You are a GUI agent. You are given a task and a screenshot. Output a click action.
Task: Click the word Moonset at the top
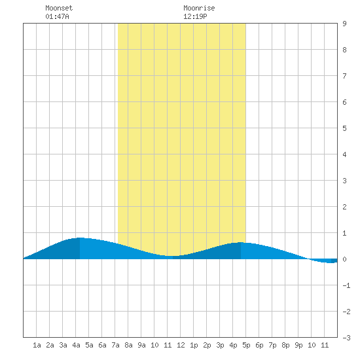coord(59,8)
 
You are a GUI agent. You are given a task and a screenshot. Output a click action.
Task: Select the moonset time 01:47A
coord(57,16)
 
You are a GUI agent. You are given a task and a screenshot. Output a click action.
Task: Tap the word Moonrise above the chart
coord(199,8)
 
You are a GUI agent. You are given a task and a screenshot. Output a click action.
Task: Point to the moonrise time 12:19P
coord(195,16)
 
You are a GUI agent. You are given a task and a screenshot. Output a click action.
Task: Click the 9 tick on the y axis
coord(344,24)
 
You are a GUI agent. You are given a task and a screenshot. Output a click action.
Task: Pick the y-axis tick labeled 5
coord(344,128)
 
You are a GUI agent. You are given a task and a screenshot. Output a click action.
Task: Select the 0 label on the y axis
coord(344,259)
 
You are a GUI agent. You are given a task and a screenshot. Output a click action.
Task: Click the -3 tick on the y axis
coord(346,338)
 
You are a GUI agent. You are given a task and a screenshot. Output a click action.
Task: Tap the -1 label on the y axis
coord(346,285)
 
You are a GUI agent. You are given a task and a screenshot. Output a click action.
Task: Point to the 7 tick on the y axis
coord(344,76)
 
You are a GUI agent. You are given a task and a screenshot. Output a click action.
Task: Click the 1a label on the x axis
coord(37,345)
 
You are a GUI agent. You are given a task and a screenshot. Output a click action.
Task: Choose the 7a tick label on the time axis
coord(115,345)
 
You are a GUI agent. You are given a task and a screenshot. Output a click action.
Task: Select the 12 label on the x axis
coord(181,345)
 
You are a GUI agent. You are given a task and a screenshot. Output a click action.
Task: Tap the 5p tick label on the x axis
coord(246,345)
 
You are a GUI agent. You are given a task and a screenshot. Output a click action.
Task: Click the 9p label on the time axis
coord(298,345)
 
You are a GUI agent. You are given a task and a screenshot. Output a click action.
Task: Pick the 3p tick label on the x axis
coord(220,345)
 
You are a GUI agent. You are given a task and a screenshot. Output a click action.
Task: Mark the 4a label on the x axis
coord(76,345)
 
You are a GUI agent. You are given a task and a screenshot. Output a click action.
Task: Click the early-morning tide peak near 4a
coord(80,238)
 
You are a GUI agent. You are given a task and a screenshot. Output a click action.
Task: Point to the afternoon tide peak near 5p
coord(241,242)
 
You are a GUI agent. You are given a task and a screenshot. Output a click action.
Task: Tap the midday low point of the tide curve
coord(173,256)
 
